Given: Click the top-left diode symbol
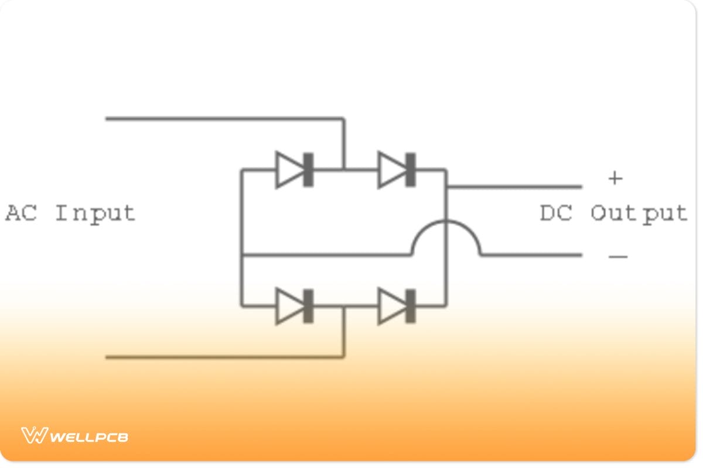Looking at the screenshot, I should pos(295,170).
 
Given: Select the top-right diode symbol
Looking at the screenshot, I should pos(397,170).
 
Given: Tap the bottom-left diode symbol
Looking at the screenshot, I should pos(295,306).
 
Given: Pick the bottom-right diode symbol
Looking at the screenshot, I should pos(397,306).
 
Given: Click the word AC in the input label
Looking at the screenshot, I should pos(21,212).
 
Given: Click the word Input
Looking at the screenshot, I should pos(95,214).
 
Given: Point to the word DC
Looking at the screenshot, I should pos(557,213).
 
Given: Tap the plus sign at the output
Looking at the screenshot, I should pos(615,178).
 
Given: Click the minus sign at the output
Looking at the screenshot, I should pos(618,256).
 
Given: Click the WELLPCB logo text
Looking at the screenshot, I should pos(89,436).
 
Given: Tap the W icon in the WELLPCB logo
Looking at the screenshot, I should pos(34,435).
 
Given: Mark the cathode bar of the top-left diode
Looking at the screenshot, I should pos(308,170).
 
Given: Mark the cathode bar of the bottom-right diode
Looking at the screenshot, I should pos(411,306).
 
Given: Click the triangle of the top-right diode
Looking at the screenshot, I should pos(391,170).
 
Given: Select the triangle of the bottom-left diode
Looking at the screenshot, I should pos(289,306).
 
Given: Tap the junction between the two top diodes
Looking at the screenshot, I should pos(344,170).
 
